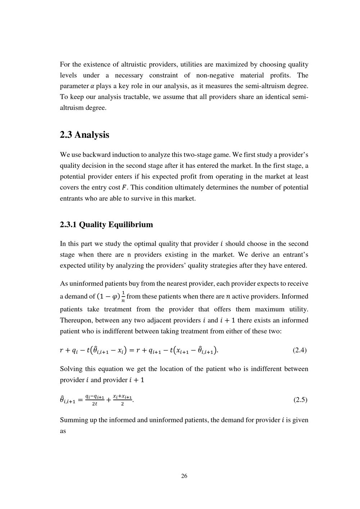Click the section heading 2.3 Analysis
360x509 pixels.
pos(84,135)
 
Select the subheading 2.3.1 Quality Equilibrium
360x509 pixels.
pos(106,225)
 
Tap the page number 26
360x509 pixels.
pos(184,476)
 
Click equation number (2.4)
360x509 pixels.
pos(300,350)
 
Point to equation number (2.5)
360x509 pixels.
pos(300,400)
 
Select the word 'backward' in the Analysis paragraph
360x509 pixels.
pos(97,155)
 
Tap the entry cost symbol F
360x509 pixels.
pos(125,188)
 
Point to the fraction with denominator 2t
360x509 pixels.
pos(95,400)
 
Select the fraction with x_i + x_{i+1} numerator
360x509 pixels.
pos(122,400)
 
